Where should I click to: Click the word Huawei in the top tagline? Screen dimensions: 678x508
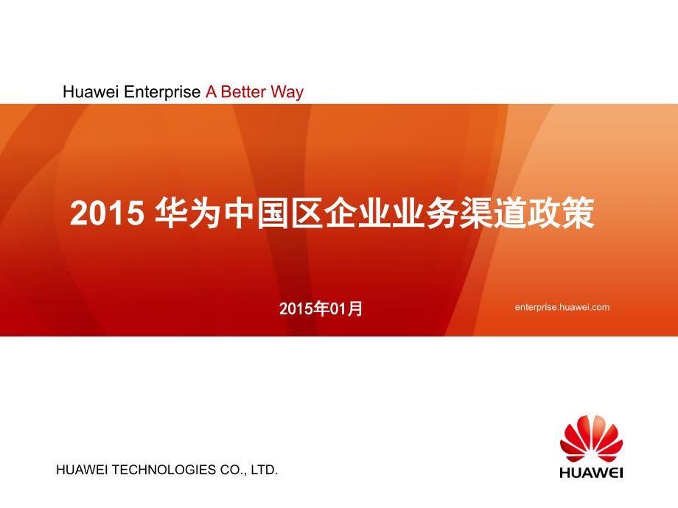point(91,92)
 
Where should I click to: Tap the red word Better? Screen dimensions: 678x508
point(243,92)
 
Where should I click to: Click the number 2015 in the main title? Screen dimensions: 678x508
point(107,213)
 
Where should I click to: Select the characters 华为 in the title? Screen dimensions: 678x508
point(189,213)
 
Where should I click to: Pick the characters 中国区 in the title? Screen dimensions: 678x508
point(273,213)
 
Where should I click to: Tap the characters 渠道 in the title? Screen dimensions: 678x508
point(493,213)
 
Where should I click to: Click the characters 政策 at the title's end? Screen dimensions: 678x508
point(561,213)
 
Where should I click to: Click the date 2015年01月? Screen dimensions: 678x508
point(321,308)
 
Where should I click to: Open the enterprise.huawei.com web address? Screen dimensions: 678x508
point(562,307)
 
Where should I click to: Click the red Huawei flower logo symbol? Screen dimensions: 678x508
point(591,439)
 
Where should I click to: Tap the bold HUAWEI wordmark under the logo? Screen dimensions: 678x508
point(591,472)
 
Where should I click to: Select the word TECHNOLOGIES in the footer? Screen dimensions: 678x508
point(164,470)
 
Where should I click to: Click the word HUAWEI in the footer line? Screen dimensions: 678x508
point(82,470)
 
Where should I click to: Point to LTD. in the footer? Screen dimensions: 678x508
point(264,470)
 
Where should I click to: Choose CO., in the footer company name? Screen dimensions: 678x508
point(233,470)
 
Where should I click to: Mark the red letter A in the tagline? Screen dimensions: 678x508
point(211,92)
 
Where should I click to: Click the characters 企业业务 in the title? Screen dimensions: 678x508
point(391,213)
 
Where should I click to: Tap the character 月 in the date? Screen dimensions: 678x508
point(355,308)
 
